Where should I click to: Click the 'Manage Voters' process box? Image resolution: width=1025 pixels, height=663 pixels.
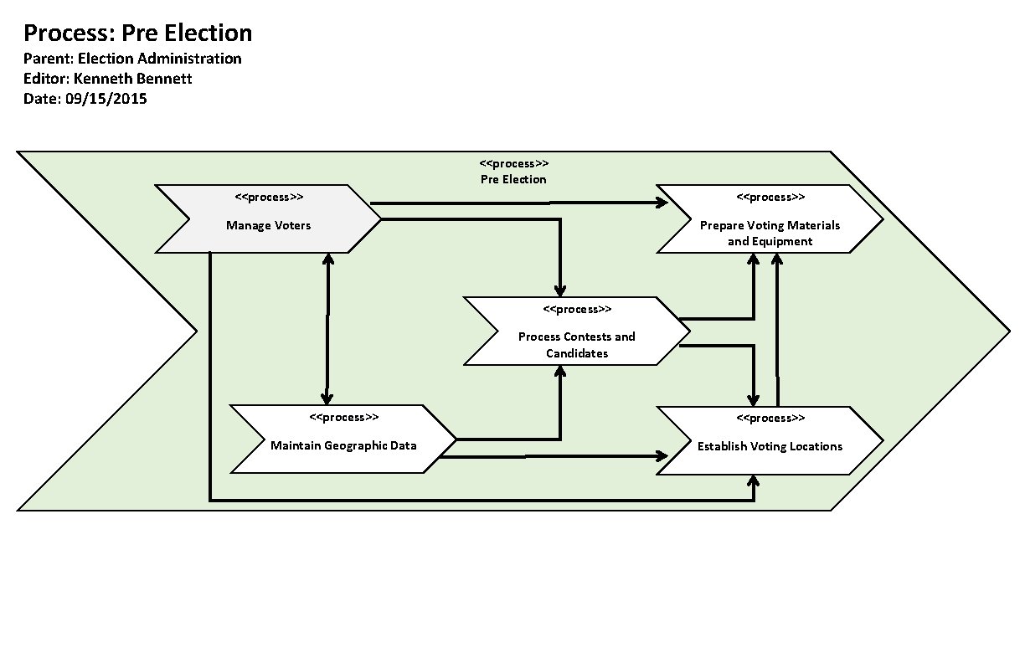pyautogui.click(x=268, y=224)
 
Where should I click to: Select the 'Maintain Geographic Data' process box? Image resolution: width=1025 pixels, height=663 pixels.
pyautogui.click(x=343, y=445)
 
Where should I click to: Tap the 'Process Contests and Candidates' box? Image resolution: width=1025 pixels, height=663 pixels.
pyautogui.click(x=576, y=343)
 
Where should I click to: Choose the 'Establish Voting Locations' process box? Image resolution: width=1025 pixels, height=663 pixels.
pyautogui.click(x=770, y=445)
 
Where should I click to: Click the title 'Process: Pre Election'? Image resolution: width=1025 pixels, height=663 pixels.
pyautogui.click(x=137, y=33)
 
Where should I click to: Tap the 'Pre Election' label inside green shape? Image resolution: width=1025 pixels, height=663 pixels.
pyautogui.click(x=513, y=179)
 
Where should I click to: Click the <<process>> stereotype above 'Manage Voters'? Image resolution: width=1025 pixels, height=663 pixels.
pyautogui.click(x=269, y=198)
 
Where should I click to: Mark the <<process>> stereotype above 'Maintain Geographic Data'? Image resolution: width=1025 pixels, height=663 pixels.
pyautogui.click(x=343, y=417)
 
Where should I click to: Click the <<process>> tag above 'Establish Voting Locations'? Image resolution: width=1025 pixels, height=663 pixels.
pyautogui.click(x=770, y=418)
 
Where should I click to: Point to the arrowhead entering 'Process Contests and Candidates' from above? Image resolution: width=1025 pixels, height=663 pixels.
pyautogui.click(x=560, y=290)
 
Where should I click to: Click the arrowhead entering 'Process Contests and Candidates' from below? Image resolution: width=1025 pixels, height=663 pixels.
pyautogui.click(x=560, y=373)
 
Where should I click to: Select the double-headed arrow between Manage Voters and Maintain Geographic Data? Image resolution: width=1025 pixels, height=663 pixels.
pyautogui.click(x=326, y=329)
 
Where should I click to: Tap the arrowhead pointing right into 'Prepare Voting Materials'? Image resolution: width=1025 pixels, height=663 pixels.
pyautogui.click(x=662, y=203)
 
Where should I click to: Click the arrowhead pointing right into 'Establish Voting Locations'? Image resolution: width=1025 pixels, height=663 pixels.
pyautogui.click(x=662, y=456)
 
